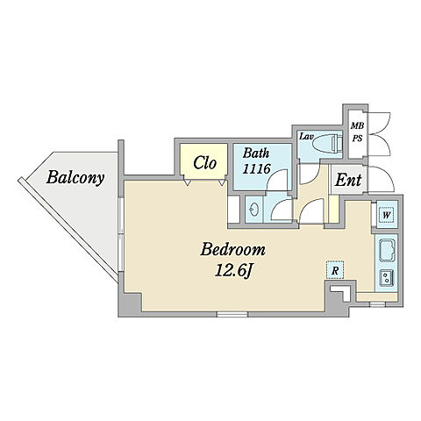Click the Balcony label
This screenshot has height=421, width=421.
75,178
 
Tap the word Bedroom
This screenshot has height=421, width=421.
233,250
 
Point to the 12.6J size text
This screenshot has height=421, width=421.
233,270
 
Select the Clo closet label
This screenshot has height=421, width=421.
204,163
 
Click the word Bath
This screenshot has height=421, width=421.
256,153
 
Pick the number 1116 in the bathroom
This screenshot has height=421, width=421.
256,168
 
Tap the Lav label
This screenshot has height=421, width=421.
305,136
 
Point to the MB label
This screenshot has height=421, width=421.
357,126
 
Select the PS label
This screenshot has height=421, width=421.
357,138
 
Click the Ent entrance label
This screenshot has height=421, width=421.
348,180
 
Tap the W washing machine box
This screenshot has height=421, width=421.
386,216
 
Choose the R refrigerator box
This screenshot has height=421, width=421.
335,270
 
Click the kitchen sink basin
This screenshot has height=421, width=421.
387,250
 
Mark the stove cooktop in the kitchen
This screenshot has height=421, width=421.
387,278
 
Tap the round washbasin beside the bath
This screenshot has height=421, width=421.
253,209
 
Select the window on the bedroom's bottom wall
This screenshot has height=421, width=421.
232,314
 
